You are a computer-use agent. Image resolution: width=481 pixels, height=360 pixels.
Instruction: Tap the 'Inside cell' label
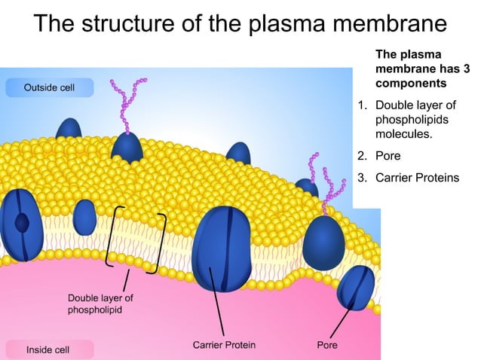pyautogui.click(x=47, y=349)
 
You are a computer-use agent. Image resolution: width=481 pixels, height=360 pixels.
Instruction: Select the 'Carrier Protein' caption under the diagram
pyautogui.click(x=224, y=346)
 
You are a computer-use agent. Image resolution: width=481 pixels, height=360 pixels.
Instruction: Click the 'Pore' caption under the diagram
pyautogui.click(x=326, y=346)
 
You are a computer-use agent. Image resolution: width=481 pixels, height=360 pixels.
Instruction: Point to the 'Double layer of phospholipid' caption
pyautogui.click(x=100, y=304)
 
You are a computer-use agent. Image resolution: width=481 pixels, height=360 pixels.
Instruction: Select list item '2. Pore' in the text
pyautogui.click(x=384, y=157)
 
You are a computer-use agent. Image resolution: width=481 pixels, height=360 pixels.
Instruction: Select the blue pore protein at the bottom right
pyautogui.click(x=354, y=287)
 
